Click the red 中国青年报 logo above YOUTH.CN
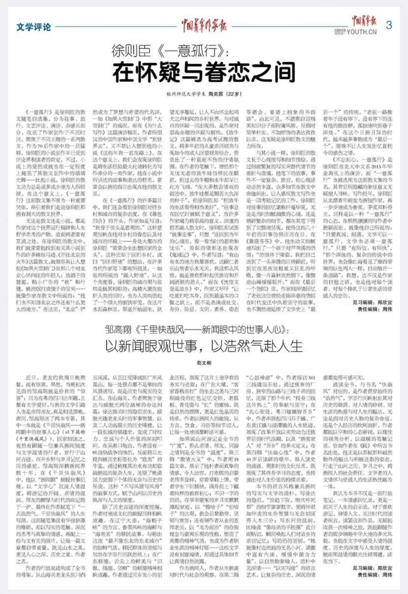click(x=364, y=21)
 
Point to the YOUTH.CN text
click(x=362, y=32)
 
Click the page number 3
click(x=389, y=25)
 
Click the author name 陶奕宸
click(x=216, y=94)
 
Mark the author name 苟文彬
click(x=204, y=363)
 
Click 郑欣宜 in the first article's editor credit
click(x=385, y=302)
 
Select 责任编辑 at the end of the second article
click(x=368, y=575)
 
